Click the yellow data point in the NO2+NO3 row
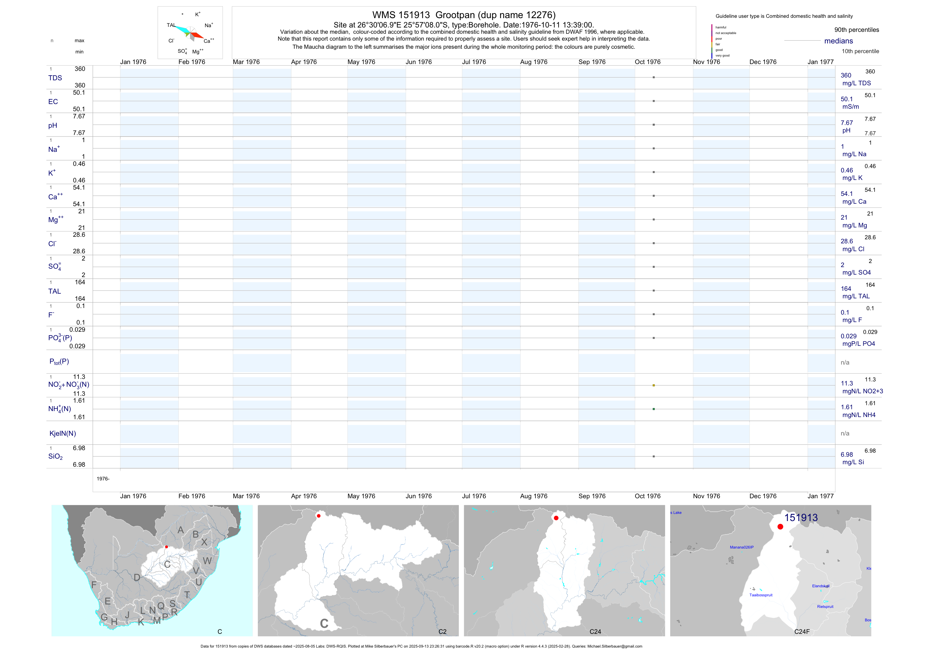coord(654,385)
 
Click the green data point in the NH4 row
coord(654,409)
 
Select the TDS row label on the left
coord(55,78)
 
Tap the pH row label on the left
coord(53,126)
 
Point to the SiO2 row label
coord(55,456)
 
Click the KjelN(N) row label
coord(62,434)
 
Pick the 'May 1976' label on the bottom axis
coord(361,496)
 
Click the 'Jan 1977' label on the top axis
coord(820,62)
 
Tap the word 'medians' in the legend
coord(838,41)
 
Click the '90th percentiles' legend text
coord(856,30)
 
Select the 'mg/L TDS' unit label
coord(856,83)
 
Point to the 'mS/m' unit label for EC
coord(850,107)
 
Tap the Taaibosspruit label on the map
coord(761,595)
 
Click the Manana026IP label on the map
coord(741,547)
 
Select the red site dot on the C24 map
coord(556,518)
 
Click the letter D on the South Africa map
coord(137,578)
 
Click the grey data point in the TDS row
coord(654,77)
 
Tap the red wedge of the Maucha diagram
coord(198,36)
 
